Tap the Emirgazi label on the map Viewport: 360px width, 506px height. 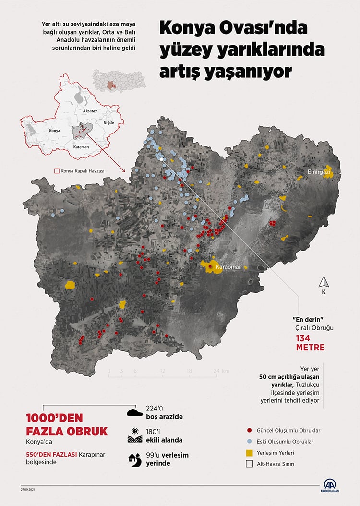pos(319,171)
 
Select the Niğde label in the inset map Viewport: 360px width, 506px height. pos(109,122)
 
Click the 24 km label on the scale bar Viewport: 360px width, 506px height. pos(221,371)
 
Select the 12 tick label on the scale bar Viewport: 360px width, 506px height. pos(163,371)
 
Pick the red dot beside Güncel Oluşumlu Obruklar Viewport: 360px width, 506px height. pos(249,430)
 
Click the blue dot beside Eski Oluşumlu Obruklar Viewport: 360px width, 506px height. pos(249,441)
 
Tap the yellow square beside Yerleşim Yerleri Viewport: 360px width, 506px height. pos(249,453)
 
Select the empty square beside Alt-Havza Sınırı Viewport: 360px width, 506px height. pos(249,464)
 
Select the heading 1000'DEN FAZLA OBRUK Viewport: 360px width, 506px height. pos(67,423)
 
